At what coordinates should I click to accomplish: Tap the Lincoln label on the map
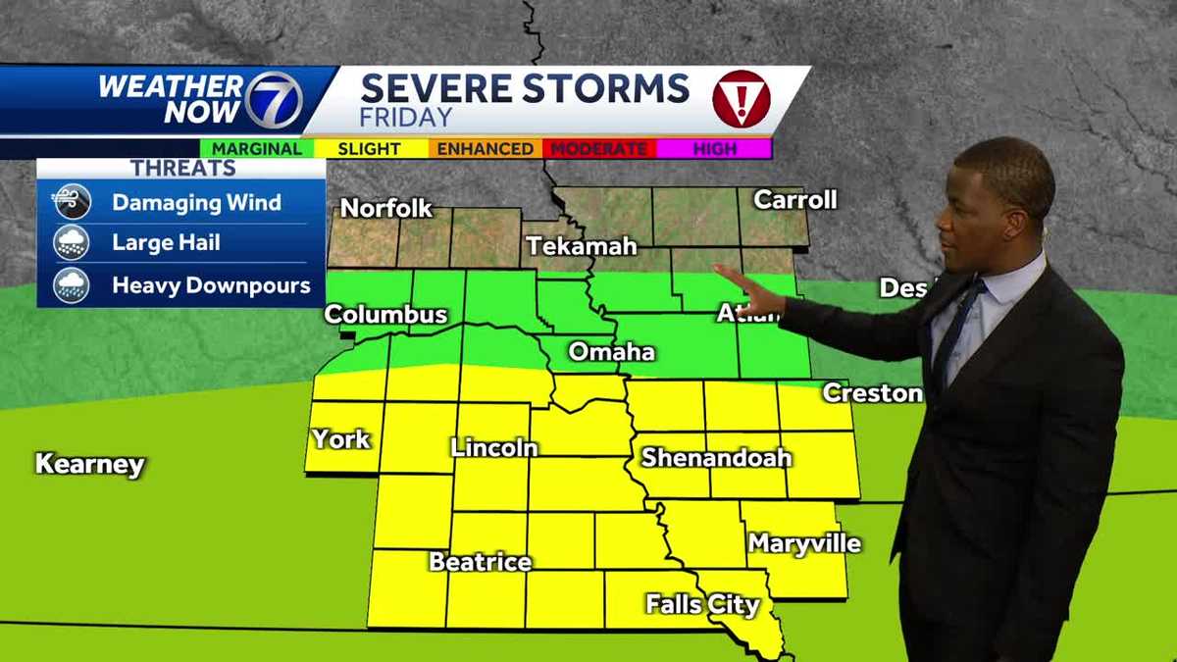point(494,448)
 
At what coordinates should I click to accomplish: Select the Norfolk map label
point(386,208)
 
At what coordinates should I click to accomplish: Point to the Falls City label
point(702,604)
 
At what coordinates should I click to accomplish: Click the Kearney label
point(90,464)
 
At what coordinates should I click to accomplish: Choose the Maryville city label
point(804,543)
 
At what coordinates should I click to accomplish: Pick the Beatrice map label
point(480,563)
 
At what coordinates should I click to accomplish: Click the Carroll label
point(794,200)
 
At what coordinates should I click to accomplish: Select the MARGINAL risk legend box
point(257,149)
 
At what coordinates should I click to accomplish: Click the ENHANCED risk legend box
point(485,149)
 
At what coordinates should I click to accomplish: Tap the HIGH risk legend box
point(715,149)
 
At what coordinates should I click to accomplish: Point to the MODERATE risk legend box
point(598,149)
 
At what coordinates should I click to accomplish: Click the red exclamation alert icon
point(741,99)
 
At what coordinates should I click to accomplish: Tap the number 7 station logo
point(272,100)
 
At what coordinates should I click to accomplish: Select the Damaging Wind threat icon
point(72,203)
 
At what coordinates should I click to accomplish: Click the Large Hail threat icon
point(72,243)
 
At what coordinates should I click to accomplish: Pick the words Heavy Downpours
point(211,286)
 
